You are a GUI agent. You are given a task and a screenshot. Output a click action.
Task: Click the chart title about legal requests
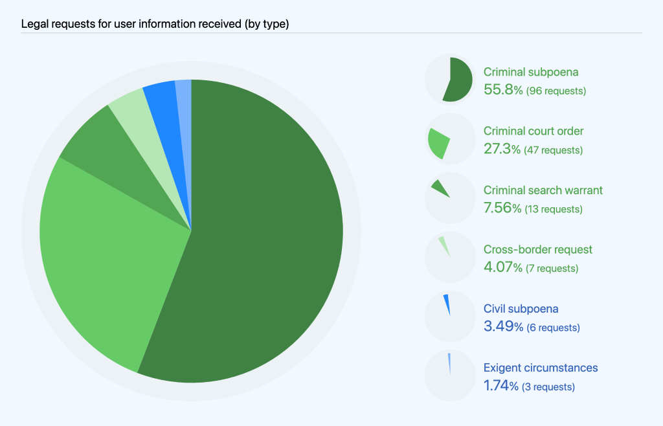[155, 25]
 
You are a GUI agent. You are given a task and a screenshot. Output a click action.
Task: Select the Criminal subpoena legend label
[531, 72]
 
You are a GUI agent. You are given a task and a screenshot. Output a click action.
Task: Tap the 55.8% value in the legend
[503, 90]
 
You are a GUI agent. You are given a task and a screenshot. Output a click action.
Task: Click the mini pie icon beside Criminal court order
[449, 139]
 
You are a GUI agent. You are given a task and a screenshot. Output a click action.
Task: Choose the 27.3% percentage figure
[502, 150]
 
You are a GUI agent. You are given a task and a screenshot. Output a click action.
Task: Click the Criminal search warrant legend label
[543, 190]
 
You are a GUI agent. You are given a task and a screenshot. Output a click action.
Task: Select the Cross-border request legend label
[537, 249]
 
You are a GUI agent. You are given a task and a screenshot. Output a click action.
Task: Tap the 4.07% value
[502, 267]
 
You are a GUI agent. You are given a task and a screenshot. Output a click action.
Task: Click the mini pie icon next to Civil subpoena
[449, 316]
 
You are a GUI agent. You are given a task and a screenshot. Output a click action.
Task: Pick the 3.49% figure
[503, 327]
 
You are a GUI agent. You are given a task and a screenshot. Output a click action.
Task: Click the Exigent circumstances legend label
[541, 368]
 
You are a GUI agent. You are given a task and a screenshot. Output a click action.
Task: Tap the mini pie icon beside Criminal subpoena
[449, 80]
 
